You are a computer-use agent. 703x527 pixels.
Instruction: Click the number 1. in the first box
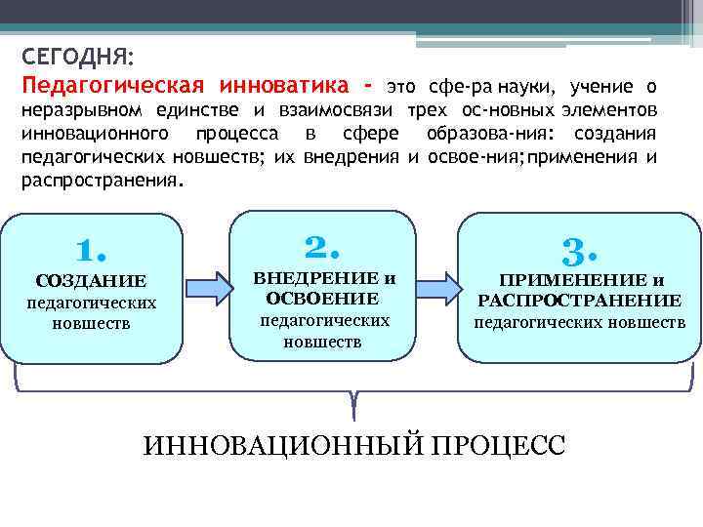(x=90, y=251)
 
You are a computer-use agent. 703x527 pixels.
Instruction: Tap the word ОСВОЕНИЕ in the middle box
(x=321, y=299)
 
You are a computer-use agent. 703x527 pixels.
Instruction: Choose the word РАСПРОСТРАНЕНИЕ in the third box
(x=579, y=301)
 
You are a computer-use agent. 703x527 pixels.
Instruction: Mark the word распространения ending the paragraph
(x=100, y=182)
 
